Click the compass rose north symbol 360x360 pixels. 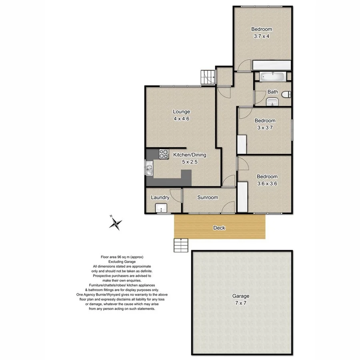(116, 223)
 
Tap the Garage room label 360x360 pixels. (241, 296)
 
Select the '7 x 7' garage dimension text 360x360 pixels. (241, 303)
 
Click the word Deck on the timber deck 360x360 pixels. (219, 228)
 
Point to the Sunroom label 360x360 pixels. (208, 197)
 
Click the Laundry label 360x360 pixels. (160, 197)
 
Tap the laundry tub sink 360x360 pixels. (161, 208)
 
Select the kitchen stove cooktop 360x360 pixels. (164, 153)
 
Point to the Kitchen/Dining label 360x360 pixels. (190, 155)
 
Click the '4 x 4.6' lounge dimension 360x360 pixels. (181, 119)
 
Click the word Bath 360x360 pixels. (273, 92)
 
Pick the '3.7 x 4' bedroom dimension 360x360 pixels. (262, 36)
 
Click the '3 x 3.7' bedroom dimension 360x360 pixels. (265, 128)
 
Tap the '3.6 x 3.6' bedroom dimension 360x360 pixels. (267, 184)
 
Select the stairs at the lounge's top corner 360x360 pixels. (208, 77)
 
